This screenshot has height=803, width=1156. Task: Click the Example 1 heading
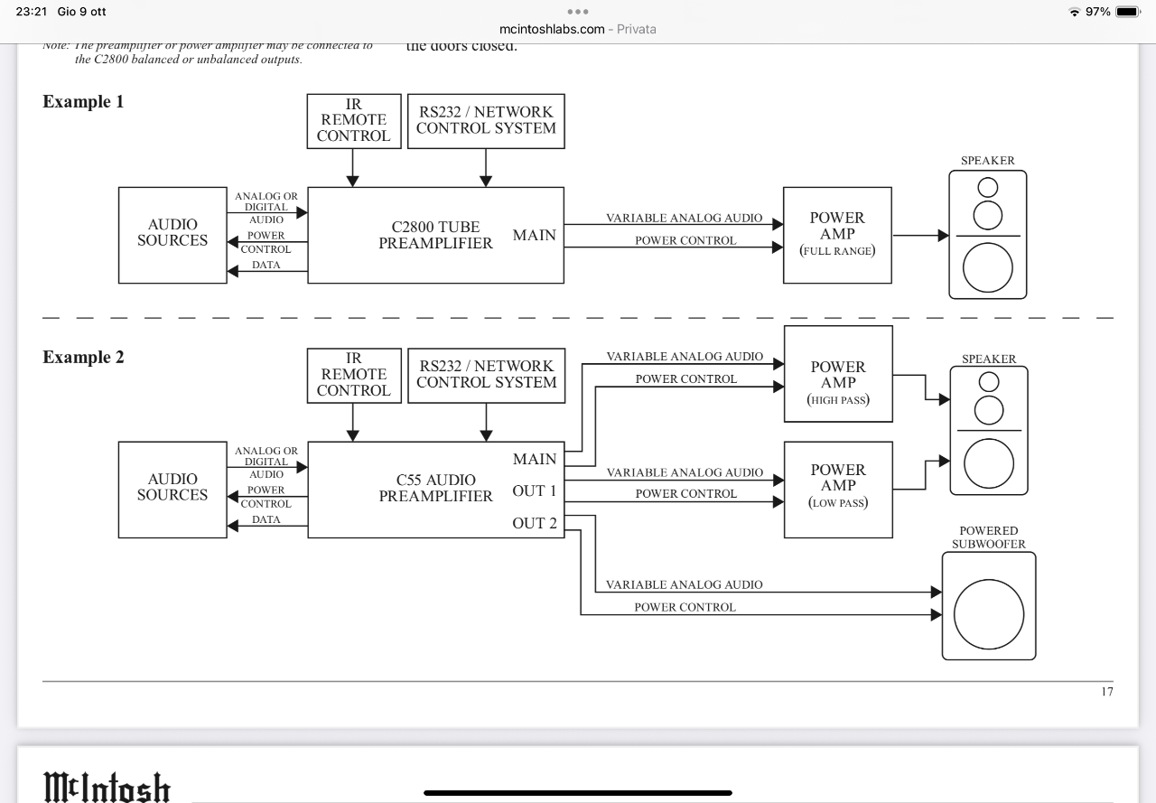click(x=83, y=102)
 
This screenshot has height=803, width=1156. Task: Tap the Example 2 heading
click(x=83, y=358)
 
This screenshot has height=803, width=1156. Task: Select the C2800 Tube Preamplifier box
click(x=435, y=235)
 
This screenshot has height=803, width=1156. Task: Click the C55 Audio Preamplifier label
click(x=435, y=489)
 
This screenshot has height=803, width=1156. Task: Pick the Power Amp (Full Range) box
click(x=837, y=235)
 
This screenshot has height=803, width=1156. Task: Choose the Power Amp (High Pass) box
click(x=838, y=374)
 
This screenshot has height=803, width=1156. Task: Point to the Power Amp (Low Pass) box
click(x=838, y=489)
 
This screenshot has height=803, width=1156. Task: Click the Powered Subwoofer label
click(x=988, y=537)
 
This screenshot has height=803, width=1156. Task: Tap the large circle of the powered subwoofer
click(x=988, y=615)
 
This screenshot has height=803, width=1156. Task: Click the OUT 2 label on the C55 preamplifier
click(x=535, y=523)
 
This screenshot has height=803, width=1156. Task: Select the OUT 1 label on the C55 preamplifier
click(x=535, y=491)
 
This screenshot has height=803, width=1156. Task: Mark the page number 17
click(x=1106, y=692)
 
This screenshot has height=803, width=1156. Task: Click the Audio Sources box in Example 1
click(x=172, y=234)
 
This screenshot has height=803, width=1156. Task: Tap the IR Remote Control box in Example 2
click(x=353, y=375)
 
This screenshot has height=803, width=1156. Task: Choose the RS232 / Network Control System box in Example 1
click(x=486, y=120)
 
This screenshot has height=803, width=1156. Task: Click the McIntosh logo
click(x=107, y=787)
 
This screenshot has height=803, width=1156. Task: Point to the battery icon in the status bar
click(x=1128, y=12)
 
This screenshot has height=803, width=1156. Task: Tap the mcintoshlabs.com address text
click(x=552, y=29)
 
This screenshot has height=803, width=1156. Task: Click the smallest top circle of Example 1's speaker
click(x=988, y=187)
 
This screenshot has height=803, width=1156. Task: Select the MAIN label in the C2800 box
click(x=535, y=236)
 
